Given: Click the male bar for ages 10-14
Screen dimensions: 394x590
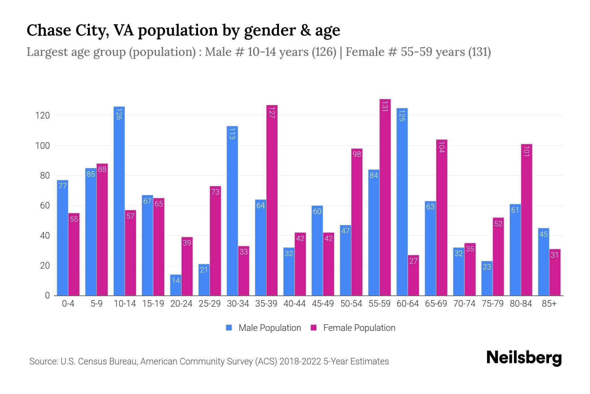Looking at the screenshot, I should coord(119,201).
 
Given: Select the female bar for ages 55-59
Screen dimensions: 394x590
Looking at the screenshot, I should coord(385,197).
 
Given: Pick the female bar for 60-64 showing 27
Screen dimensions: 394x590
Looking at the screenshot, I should coord(413,275).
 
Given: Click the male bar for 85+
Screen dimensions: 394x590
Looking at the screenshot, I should coord(543,262).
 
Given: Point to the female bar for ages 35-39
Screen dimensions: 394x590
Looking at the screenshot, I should coord(272,200).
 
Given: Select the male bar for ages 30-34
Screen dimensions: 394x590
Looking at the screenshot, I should coord(232,210).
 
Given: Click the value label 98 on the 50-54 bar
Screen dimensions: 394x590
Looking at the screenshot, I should coord(357,154).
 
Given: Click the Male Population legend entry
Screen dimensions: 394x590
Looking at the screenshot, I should coord(264,328).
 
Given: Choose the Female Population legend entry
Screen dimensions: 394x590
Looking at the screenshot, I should coord(353,328).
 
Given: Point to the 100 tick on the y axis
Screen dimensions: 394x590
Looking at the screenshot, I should coord(43,145).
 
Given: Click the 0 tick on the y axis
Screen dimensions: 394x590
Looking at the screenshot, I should coord(48,295).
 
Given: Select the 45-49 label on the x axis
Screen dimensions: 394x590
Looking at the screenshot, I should coord(323,304).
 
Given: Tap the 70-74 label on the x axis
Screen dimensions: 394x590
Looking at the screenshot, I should coord(464,304).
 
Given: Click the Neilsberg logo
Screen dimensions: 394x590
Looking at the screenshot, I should coord(524,358).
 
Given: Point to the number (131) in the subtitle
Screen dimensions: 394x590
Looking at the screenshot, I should coord(479,52).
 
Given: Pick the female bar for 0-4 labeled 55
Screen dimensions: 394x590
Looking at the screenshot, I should coord(74,254).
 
